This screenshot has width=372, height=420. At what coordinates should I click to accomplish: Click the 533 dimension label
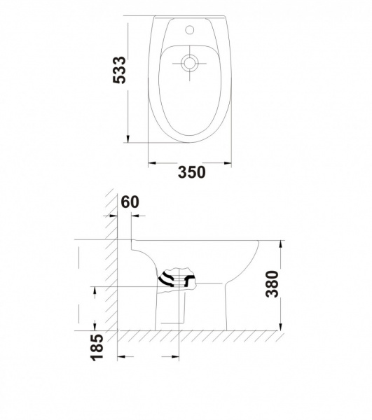point(119,70)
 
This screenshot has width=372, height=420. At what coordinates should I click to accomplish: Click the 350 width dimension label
point(192,172)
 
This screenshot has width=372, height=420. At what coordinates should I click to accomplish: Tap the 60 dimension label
point(130,202)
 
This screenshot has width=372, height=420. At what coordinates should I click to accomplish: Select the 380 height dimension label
point(272,284)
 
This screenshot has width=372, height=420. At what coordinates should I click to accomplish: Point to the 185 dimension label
point(97,347)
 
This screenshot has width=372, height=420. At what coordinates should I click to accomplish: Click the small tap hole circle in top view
point(190,29)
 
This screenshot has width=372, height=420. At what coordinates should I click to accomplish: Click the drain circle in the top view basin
point(189,63)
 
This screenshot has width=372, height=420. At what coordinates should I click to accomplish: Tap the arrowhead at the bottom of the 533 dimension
point(128,139)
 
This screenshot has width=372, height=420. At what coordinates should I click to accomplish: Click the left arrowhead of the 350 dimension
point(153,163)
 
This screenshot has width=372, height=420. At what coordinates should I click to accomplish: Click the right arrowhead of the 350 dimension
point(228,163)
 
